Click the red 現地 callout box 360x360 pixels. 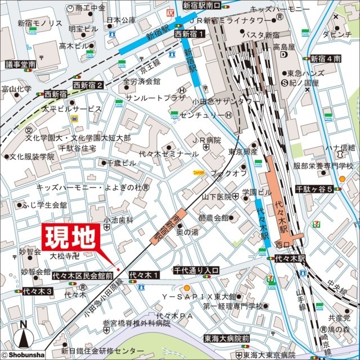[70, 239]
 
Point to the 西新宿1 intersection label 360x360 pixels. [190, 34]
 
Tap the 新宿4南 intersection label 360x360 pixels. [326, 58]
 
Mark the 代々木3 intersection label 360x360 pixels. [37, 291]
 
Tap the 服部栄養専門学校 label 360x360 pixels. [325, 167]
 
